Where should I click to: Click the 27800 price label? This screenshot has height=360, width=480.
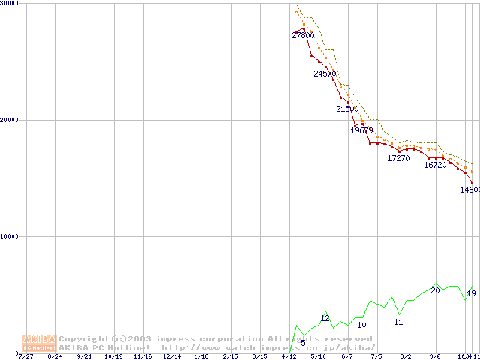[x=303, y=35]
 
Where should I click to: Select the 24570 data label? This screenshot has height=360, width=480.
[x=325, y=73]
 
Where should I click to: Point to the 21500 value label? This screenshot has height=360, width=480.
[x=347, y=109]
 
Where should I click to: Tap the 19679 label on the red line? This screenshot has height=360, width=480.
[x=361, y=130]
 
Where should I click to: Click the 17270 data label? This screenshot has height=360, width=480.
[x=398, y=158]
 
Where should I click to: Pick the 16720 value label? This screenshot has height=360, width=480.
[x=435, y=165]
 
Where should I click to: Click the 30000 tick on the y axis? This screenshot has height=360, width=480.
[x=10, y=3]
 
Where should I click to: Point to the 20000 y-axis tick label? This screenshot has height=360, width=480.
[x=10, y=120]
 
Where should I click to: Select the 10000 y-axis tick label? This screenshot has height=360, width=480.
[x=10, y=236]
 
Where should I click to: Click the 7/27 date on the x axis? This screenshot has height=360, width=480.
[x=25, y=355]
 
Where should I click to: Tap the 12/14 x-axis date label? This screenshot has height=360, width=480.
[x=172, y=355]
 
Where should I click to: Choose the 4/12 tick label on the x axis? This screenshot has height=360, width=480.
[x=289, y=355]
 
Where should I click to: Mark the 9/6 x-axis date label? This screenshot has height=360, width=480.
[x=435, y=355]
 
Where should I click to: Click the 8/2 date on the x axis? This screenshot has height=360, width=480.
[x=406, y=355]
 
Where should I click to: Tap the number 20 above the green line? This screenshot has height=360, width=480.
[x=435, y=290]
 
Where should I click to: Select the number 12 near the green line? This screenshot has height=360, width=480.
[x=325, y=318]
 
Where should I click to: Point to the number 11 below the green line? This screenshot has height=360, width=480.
[x=398, y=322]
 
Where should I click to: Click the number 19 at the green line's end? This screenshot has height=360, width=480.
[x=471, y=293]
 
